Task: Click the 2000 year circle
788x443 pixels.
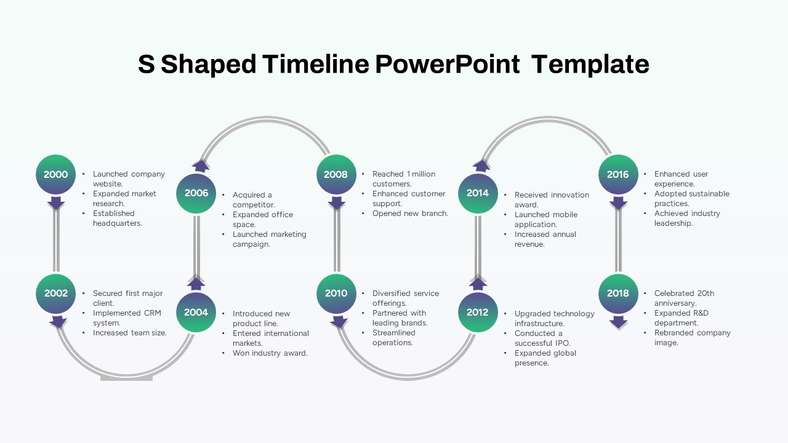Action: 56,174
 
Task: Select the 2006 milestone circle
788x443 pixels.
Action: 196,193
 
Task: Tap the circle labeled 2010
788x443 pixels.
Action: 336,293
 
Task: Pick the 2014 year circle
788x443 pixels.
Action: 477,193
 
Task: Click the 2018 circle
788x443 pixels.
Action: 618,293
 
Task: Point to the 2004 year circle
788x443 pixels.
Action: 196,313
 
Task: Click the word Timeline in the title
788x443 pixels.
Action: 316,64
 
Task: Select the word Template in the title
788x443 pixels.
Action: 590,64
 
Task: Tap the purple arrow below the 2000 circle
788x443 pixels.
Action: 56,202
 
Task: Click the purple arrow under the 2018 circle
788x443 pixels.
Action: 618,322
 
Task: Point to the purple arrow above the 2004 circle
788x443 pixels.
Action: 196,284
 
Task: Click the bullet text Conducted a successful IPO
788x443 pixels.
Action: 542,338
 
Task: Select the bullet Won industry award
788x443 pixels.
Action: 270,353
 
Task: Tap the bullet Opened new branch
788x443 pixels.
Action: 410,214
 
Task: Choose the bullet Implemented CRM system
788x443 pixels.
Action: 126,317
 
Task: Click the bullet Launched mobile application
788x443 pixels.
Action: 545,220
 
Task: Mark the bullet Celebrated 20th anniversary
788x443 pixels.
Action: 683,298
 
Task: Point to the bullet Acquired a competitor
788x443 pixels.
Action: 253,200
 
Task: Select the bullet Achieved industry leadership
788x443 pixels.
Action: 686,218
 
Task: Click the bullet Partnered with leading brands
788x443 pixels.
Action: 400,317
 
